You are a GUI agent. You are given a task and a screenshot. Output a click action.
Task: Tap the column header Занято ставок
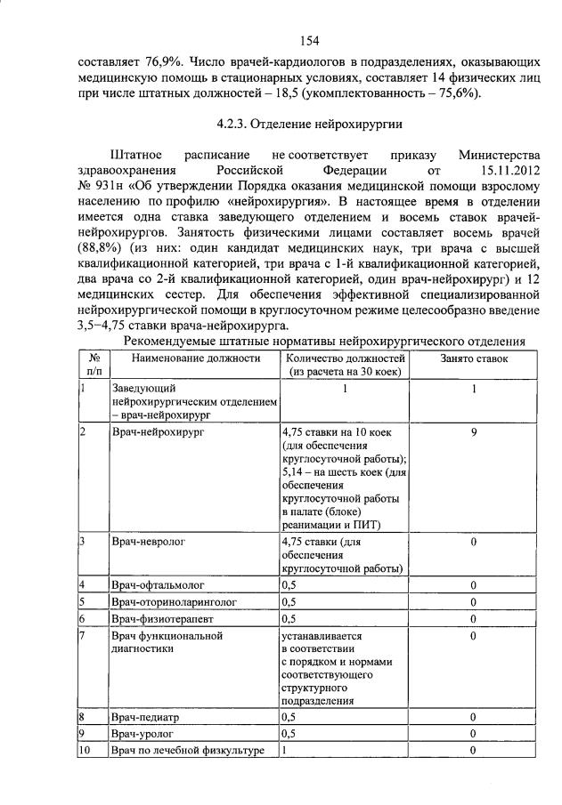point(474,358)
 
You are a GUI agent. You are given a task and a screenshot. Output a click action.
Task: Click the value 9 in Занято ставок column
point(474,431)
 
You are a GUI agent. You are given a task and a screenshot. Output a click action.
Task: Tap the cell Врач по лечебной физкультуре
point(188,751)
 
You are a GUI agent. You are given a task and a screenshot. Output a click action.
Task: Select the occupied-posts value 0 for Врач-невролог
point(474,541)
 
